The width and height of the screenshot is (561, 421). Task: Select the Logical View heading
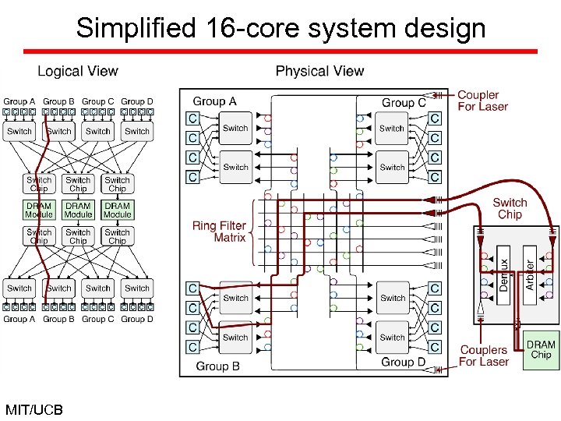[78, 72]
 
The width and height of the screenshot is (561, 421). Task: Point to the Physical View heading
[319, 72]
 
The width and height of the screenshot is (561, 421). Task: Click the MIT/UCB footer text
[34, 409]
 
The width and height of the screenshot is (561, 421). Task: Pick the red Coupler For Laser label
[482, 101]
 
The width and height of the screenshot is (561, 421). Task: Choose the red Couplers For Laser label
[483, 356]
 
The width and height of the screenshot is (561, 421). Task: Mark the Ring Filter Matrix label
[219, 232]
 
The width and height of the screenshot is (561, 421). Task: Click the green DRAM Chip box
[541, 349]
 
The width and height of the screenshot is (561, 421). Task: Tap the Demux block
[504, 275]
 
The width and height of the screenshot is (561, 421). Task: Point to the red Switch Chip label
[510, 208]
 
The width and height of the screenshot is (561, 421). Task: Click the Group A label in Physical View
[214, 101]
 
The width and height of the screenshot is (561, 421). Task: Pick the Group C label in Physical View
[404, 102]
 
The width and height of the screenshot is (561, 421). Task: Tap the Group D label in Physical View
[403, 363]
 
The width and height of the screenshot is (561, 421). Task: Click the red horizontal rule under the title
[280, 51]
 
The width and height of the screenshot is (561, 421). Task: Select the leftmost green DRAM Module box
[39, 210]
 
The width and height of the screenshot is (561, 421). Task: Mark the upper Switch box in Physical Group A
[235, 128]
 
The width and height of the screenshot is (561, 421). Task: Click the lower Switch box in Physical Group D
[392, 338]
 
